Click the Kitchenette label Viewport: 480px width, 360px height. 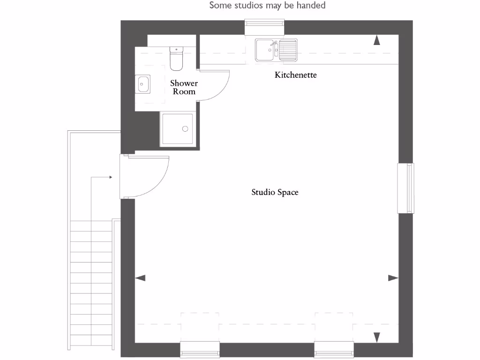point(296,75)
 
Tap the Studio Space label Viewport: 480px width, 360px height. point(275,192)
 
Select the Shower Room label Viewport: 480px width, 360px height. point(184,87)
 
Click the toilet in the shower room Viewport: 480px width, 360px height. point(176,58)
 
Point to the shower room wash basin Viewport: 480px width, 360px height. point(143,84)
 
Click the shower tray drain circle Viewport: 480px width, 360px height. point(185,128)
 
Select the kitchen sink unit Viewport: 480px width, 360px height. point(276,50)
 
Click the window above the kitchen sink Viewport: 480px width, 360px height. point(265,27)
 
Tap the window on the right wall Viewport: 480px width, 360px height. point(406,188)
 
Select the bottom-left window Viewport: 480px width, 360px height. point(200,349)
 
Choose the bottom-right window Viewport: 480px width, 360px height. point(334,349)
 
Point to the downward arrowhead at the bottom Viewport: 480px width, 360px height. point(376,337)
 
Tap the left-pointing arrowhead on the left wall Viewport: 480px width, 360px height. point(140,278)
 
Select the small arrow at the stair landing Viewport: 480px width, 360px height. point(111,177)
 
